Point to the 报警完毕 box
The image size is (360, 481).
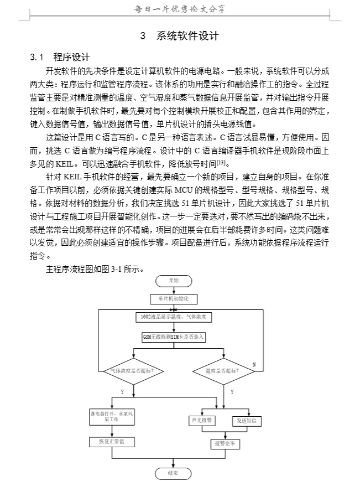(x=224, y=443)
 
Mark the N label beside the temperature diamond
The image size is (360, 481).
(x=254, y=364)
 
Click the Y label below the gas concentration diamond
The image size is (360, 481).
(x=122, y=392)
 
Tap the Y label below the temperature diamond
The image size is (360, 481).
(x=232, y=392)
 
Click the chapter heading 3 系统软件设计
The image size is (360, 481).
(x=180, y=36)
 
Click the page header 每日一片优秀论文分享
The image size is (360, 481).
(x=180, y=9)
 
